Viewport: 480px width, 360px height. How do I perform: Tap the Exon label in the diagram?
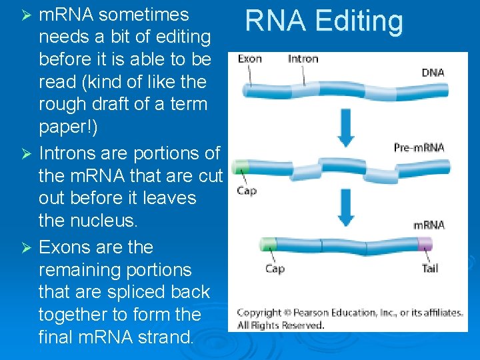click(250, 59)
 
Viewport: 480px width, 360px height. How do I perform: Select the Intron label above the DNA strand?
click(303, 59)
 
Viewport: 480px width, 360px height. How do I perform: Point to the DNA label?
click(433, 72)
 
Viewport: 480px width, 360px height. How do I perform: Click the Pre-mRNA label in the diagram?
click(419, 147)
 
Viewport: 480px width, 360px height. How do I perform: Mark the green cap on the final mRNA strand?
click(268, 244)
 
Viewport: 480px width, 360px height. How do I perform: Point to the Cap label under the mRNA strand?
click(275, 269)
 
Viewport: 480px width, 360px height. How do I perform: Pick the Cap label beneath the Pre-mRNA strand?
click(247, 191)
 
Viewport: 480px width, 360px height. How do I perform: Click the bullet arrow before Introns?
click(26, 154)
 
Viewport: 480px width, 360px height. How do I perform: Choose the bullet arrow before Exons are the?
click(26, 248)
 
